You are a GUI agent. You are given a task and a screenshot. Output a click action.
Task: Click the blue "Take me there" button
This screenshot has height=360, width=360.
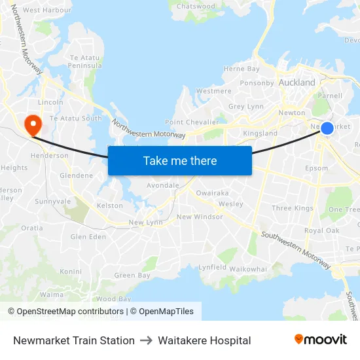coord(180,160)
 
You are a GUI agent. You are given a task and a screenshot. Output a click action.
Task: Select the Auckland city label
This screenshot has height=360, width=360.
coord(297,83)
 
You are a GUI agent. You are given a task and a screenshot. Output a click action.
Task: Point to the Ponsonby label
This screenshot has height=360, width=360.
coord(257,83)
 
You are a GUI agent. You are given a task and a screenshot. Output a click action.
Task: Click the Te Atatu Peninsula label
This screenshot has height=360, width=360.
coord(86,62)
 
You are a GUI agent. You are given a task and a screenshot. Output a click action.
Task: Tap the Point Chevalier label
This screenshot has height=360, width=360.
coord(192,122)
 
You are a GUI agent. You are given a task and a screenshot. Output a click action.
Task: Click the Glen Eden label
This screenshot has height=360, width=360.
coord(88,237)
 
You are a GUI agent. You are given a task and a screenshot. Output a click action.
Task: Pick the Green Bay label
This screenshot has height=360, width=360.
coord(132,276)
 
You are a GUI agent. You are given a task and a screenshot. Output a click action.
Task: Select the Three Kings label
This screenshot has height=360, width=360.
coord(293,209)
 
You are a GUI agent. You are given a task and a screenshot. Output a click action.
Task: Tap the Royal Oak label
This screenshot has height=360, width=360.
coord(321,231)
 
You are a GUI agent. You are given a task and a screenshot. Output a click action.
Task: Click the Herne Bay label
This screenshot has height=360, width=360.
coord(242,69)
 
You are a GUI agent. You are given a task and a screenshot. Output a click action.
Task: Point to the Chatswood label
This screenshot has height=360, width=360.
coord(196,7)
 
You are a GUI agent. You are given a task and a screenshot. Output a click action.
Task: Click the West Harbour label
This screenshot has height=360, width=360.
coord(47,10)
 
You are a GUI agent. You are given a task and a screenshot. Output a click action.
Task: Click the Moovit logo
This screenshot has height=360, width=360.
coord(321,340)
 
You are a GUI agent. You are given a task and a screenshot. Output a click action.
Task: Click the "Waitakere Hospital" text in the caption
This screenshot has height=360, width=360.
coord(204,340)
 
